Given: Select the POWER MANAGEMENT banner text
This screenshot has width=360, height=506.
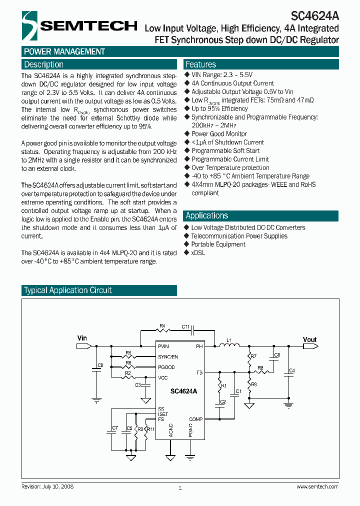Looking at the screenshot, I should [x=64, y=51].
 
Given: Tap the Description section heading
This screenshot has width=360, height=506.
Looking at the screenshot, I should [x=44, y=64].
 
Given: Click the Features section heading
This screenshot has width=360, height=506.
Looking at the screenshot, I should [x=200, y=64].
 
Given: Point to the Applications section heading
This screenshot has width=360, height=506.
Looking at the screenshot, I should [x=206, y=215].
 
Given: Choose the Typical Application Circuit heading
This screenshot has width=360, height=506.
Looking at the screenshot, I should [x=68, y=290].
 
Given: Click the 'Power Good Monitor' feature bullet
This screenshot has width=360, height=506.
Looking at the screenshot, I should [x=219, y=134].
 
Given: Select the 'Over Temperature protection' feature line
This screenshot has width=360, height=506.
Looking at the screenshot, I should [x=230, y=167].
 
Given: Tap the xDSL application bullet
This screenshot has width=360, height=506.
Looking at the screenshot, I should [x=198, y=253].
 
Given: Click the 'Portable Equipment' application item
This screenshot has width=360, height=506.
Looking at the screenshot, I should [x=218, y=244].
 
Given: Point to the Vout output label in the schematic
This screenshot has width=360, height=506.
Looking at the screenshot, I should [x=310, y=339].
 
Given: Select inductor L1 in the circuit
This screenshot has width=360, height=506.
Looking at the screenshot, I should [x=230, y=344].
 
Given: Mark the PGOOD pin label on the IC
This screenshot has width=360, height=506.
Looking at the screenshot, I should [x=166, y=367].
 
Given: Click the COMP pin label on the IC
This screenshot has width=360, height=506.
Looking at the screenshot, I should [x=195, y=419].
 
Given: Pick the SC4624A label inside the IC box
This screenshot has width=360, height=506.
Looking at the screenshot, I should [x=183, y=391].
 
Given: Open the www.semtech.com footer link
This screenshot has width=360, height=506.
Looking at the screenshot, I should [x=317, y=486].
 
